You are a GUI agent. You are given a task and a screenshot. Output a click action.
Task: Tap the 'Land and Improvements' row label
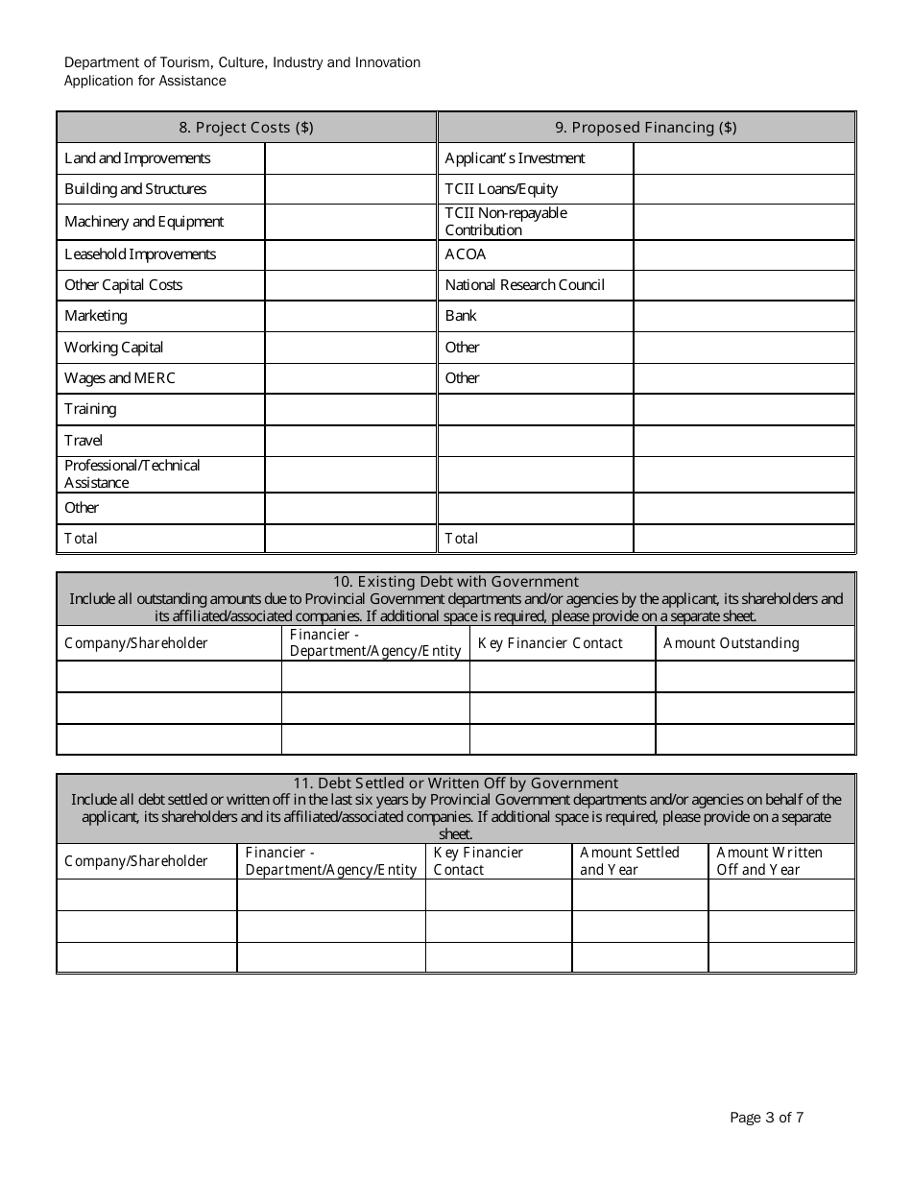coord(137,158)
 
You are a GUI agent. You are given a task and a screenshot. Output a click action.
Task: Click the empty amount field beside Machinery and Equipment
coord(350,222)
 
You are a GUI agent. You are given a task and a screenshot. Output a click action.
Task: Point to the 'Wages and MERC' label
coord(120,378)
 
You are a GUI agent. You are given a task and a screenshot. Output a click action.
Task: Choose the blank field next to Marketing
coord(350,316)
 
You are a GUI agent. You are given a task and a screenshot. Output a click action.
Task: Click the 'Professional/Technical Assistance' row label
coord(132,474)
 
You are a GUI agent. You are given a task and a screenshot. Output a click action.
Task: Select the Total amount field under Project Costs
coord(350,539)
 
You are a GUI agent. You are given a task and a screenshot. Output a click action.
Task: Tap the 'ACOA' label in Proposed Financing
coord(466,254)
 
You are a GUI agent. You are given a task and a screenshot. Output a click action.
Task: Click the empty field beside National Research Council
coord(744,285)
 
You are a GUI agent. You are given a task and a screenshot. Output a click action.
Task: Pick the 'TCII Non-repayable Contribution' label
coord(506,222)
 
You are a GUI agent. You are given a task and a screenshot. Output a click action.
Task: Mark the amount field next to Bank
coord(744,316)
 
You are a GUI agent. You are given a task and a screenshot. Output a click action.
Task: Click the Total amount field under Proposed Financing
coord(744,539)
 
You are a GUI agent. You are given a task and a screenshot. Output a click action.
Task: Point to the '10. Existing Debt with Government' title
coord(456,582)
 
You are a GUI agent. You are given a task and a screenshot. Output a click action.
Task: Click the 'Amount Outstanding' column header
coord(732,643)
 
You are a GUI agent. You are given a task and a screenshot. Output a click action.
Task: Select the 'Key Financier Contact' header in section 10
coord(550,643)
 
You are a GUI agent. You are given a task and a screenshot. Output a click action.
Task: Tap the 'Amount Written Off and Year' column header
coord(770,861)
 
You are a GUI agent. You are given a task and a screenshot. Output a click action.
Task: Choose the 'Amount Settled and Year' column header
coord(630,861)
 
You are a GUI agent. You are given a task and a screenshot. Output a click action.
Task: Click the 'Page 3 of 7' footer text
coord(767,1118)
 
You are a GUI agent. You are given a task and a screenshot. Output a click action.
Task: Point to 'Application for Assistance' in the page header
coord(145,81)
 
